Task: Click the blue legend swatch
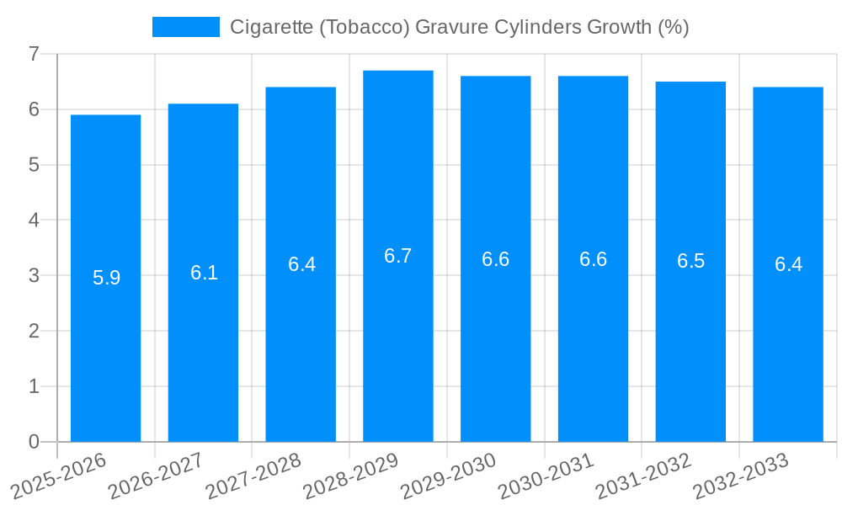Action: pos(185,27)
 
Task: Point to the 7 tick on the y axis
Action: pos(34,54)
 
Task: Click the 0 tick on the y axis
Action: pos(34,442)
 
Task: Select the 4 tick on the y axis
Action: pos(34,221)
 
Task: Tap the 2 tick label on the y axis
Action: pos(34,332)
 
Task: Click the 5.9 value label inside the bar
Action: pos(106,278)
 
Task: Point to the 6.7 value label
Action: pos(398,256)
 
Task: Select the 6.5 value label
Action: pos(690,261)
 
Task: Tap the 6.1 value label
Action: pos(204,273)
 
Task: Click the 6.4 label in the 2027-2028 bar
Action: pos(301,264)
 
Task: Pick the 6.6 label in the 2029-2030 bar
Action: pos(495,259)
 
